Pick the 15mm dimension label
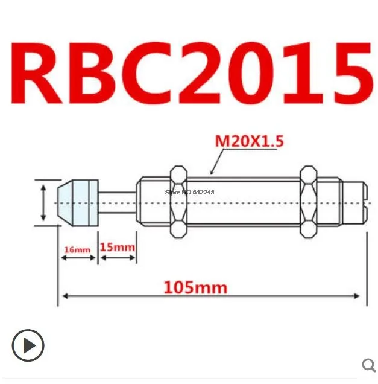[117, 248]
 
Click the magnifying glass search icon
[368, 364]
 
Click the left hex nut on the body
[178, 202]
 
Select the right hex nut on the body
[308, 202]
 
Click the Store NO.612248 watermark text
[189, 192]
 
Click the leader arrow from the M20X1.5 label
[214, 162]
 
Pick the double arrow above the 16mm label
[78, 258]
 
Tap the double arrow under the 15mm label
[118, 258]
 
